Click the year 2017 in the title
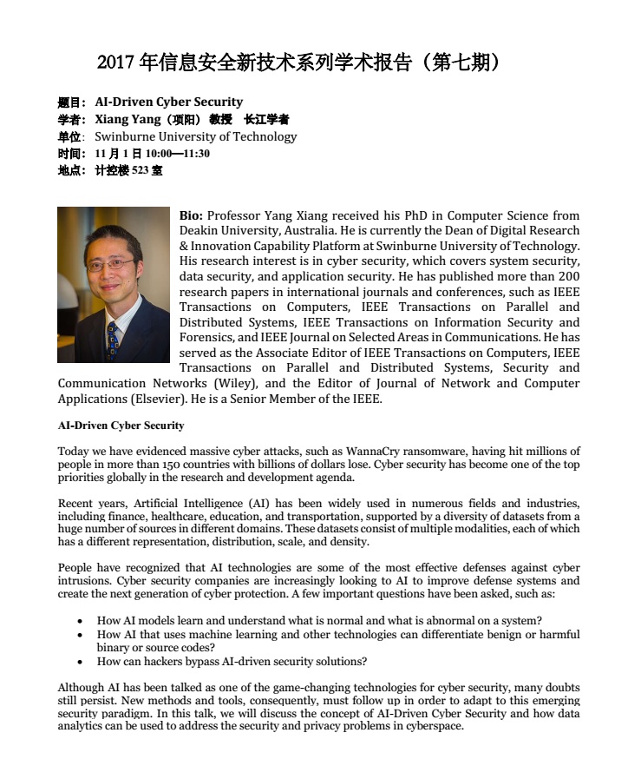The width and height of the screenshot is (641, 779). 116,63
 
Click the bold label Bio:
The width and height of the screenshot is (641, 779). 192,215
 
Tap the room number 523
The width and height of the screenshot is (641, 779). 141,170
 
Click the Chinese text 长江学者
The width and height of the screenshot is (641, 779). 266,119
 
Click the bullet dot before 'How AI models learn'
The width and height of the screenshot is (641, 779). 80,621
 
